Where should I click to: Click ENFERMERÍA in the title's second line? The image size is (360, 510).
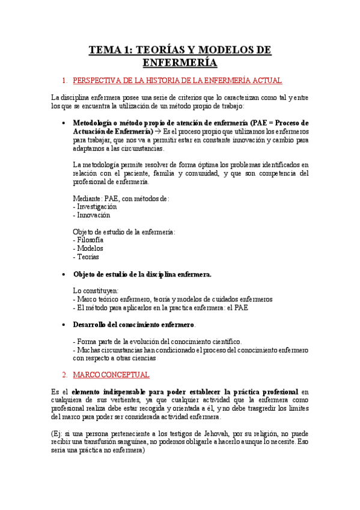tap(180, 62)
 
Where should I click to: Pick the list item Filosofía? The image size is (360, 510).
tap(89, 240)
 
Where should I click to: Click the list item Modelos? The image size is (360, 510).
tap(89, 248)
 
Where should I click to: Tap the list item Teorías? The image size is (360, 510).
tap(88, 257)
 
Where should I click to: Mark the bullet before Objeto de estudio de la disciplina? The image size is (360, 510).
tap(64, 274)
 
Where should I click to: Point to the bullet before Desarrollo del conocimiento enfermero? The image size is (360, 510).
tap(64, 325)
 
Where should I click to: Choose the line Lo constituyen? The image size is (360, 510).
tap(96, 290)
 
